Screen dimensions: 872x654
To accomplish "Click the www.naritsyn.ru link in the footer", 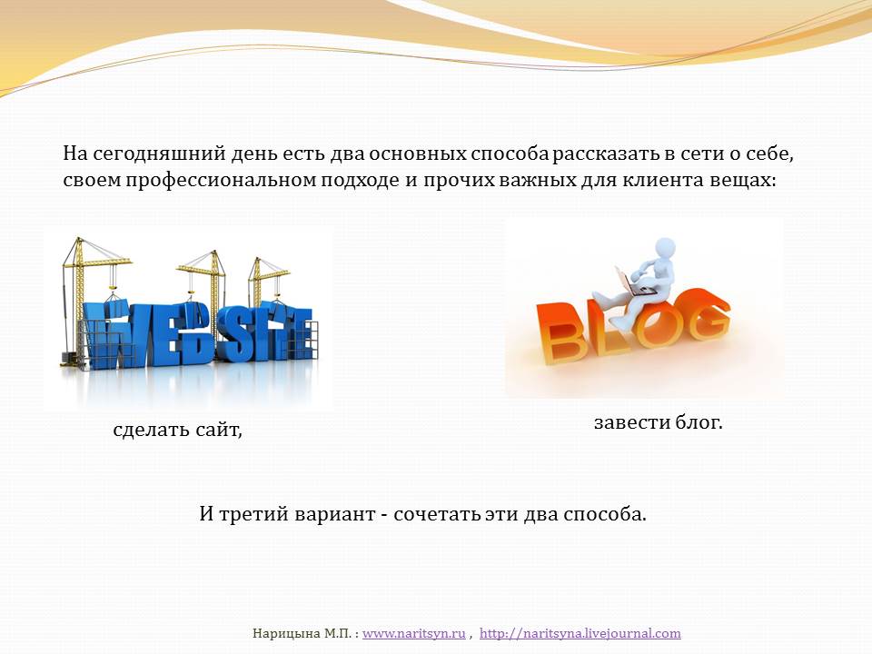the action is (x=414, y=633).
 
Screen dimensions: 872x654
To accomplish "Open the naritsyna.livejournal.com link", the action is (x=580, y=633).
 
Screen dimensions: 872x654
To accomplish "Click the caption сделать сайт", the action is (x=177, y=430).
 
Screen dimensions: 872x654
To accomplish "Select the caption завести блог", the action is (x=658, y=422).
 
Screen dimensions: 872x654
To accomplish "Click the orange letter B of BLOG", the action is (x=561, y=333).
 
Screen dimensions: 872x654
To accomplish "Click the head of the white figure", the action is (x=663, y=248).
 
